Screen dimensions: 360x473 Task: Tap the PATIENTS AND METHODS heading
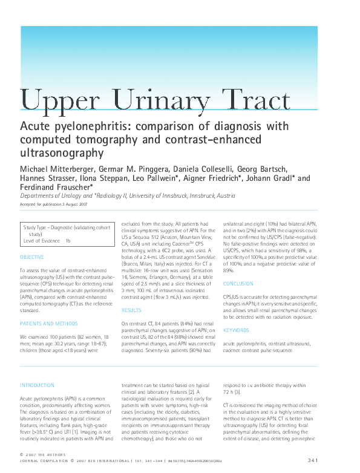(x=48, y=324)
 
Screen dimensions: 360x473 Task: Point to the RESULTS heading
(x=132, y=310)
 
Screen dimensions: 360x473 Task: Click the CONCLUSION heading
(x=238, y=284)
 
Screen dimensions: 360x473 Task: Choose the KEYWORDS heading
(x=236, y=330)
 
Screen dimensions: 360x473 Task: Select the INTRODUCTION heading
(x=37, y=385)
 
